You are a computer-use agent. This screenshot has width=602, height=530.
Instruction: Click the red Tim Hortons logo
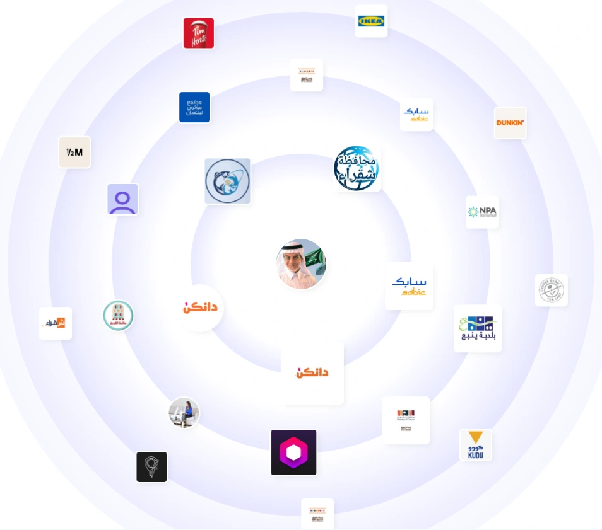click(199, 33)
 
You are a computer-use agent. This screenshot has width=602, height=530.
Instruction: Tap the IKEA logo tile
click(371, 21)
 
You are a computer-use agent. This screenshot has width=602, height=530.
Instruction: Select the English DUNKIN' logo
click(510, 123)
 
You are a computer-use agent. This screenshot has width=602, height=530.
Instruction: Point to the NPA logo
click(482, 212)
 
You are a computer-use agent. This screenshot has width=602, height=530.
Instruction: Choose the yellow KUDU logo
click(476, 445)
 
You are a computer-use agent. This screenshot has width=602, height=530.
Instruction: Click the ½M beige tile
click(74, 153)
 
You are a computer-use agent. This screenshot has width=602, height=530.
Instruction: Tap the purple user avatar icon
click(122, 199)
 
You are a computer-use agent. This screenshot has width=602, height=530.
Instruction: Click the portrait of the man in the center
click(301, 264)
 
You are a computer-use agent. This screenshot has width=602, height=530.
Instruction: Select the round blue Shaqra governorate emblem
click(357, 168)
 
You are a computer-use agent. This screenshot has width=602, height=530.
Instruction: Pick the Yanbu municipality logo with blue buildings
click(478, 328)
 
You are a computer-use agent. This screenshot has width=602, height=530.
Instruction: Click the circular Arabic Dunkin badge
click(200, 308)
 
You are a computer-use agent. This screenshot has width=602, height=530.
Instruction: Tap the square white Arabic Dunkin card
click(312, 373)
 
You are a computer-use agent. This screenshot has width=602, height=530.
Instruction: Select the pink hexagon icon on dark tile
click(293, 452)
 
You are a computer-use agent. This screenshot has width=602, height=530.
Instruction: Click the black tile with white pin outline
click(152, 467)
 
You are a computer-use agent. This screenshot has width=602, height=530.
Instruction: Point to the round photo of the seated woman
click(184, 413)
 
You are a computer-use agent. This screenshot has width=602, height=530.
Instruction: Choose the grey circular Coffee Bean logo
click(552, 291)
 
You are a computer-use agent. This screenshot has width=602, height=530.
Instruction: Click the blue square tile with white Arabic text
click(194, 107)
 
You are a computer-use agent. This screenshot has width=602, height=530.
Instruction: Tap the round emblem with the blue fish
click(228, 181)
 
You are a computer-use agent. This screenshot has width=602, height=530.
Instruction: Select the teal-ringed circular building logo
click(119, 316)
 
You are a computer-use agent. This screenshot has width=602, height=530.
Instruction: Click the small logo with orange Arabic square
click(56, 323)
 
